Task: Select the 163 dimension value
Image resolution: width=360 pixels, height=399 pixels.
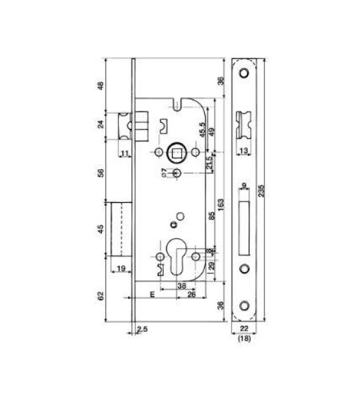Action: coord(222,204)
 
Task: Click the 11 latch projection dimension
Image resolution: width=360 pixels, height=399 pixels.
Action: coord(125,154)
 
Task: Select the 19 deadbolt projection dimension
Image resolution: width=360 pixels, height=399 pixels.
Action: coord(122,268)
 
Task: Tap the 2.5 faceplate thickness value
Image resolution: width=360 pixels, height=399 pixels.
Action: coord(142,329)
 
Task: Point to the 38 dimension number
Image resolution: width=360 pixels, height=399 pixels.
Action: coord(181,285)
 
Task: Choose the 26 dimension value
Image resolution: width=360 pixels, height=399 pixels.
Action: coord(191,294)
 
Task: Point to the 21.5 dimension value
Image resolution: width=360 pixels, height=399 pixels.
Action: coord(210,162)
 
